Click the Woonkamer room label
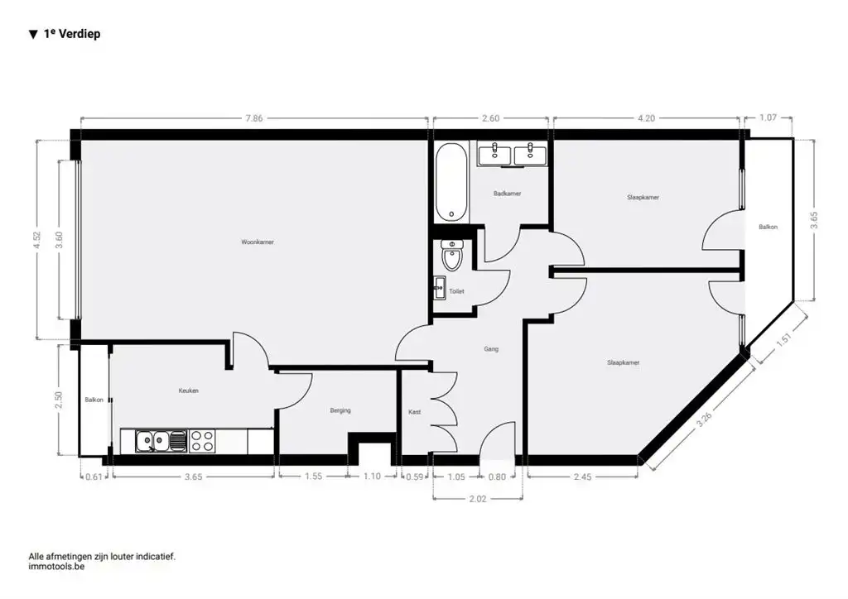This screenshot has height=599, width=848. tap(258, 242)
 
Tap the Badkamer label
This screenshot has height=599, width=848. tap(507, 194)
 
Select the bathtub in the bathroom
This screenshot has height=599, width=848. tap(451, 182)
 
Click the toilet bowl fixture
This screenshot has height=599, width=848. tap(452, 256)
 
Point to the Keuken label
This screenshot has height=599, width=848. tap(189, 391)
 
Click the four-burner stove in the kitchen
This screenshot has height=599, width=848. tap(202, 441)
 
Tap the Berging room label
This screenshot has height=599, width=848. tap(340, 410)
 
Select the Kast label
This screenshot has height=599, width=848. tap(415, 411)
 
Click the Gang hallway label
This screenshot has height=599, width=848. tap(491, 349)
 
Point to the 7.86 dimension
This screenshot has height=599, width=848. tap(254, 118)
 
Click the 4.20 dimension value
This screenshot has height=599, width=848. tap(646, 118)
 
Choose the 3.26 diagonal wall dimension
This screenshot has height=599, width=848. tap(704, 419)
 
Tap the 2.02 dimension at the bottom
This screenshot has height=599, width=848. tap(478, 498)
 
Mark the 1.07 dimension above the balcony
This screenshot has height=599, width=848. tap(768, 118)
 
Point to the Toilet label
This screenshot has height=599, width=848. tap(456, 291)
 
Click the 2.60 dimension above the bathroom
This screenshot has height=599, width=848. tap(490, 118)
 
